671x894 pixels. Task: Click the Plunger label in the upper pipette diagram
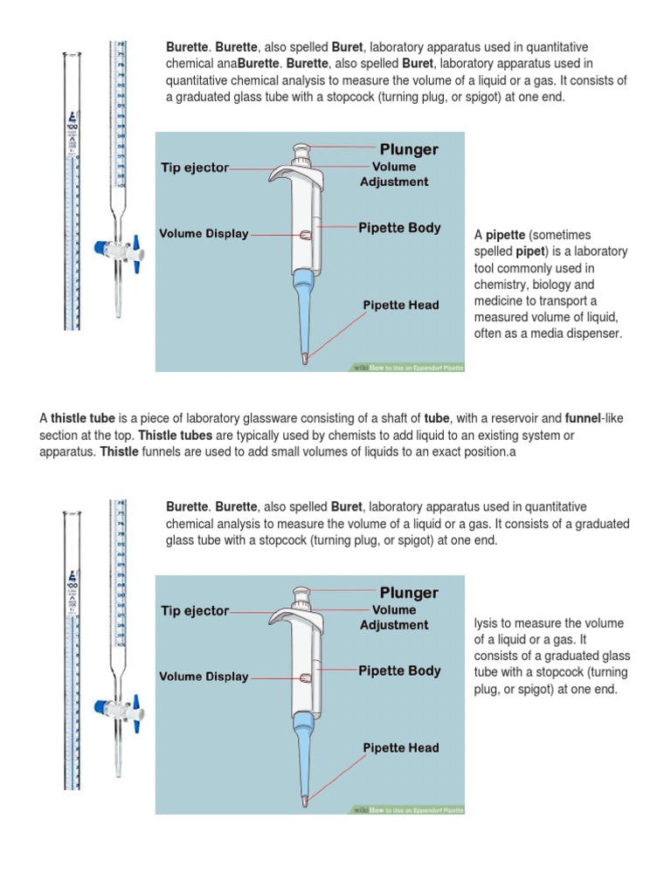click(409, 149)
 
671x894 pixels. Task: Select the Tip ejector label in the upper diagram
click(194, 168)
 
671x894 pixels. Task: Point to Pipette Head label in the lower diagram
click(401, 748)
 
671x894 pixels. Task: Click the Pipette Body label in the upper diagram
click(399, 228)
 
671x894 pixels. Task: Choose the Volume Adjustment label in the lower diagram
click(394, 617)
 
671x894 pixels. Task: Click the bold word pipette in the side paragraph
click(505, 235)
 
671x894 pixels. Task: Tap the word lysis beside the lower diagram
click(488, 623)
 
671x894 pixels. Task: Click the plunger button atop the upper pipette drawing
click(302, 150)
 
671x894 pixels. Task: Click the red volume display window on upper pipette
click(303, 235)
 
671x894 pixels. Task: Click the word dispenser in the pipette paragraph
click(594, 334)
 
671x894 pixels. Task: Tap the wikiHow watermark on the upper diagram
click(407, 368)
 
